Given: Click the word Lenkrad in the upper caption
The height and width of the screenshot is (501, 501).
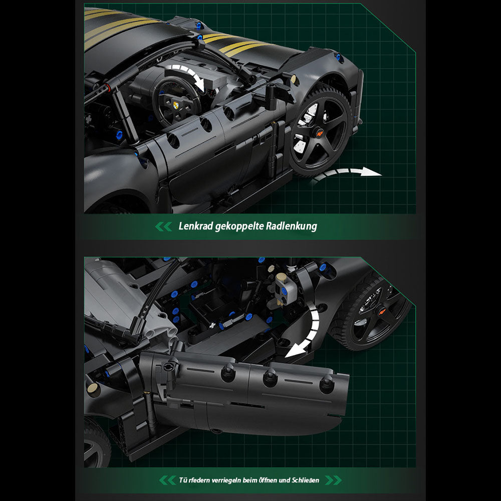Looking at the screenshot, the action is coord(195,226).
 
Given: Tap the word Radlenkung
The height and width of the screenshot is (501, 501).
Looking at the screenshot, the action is coord(292,226).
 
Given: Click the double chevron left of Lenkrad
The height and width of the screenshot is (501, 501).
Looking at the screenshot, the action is coord(164,226).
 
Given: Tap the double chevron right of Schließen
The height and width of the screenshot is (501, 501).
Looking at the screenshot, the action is coord(333,480).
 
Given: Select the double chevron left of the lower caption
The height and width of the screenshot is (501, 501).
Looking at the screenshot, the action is coord(167,480).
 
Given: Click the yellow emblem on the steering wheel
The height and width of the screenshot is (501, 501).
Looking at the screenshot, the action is coord(175,105).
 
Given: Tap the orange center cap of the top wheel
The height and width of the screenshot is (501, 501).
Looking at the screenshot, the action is coord(319,131).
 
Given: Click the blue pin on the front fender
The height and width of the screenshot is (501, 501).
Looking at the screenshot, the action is coord(338,57).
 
